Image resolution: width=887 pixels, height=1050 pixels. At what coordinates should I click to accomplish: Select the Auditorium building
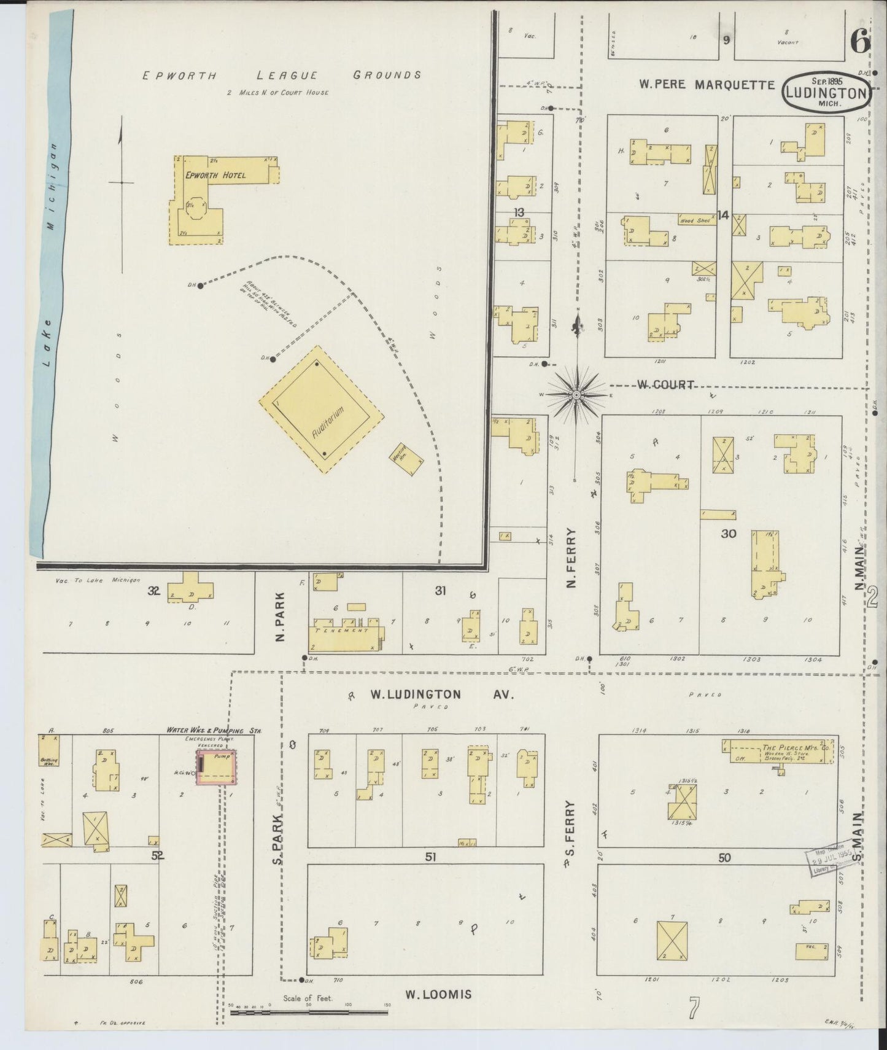tap(321, 409)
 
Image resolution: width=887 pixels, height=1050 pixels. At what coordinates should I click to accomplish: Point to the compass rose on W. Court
tap(576, 396)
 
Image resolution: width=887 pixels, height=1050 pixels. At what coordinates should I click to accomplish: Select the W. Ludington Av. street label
tap(441, 695)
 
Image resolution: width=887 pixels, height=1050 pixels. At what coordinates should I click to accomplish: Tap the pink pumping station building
tap(217, 767)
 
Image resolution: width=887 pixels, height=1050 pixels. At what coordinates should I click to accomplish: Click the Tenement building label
tap(341, 631)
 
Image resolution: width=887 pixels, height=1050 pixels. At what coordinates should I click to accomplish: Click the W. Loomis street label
tap(437, 994)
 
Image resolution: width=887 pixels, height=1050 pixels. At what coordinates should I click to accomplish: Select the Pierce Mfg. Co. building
tap(780, 750)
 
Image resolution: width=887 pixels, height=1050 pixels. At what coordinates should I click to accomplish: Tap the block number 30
tap(728, 534)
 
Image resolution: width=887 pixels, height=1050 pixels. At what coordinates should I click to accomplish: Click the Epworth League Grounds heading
tap(281, 76)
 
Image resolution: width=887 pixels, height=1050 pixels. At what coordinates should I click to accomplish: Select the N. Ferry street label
tap(571, 559)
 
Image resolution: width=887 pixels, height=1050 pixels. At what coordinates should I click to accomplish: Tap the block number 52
tap(158, 855)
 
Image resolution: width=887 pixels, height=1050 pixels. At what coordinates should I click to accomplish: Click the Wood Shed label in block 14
tap(695, 220)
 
